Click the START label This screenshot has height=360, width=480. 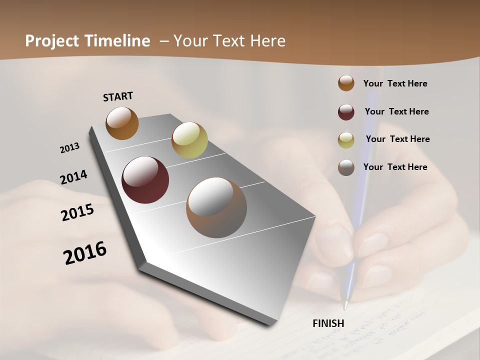tap(118, 96)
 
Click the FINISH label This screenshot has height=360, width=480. tap(328, 323)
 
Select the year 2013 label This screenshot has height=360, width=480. tap(70, 147)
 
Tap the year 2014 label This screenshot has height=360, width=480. tap(74, 177)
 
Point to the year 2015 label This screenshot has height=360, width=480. tap(77, 212)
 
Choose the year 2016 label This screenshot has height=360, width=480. tap(85, 252)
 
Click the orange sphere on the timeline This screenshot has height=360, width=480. tap(122, 123)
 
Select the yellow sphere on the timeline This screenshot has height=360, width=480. tap(189, 140)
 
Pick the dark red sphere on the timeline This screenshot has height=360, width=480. tap(145, 180)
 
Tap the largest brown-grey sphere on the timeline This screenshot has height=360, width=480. tap(216, 207)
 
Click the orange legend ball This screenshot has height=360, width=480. tap(346, 83)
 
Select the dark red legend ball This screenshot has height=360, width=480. tap(346, 112)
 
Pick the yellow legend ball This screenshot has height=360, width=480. tap(346, 140)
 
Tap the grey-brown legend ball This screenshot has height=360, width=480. tap(346, 167)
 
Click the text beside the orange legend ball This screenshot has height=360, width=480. tap(395, 83)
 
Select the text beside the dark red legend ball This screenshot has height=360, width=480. tap(396, 111)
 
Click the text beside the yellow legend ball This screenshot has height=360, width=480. tap(397, 139)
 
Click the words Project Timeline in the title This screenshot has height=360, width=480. tap(87, 41)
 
